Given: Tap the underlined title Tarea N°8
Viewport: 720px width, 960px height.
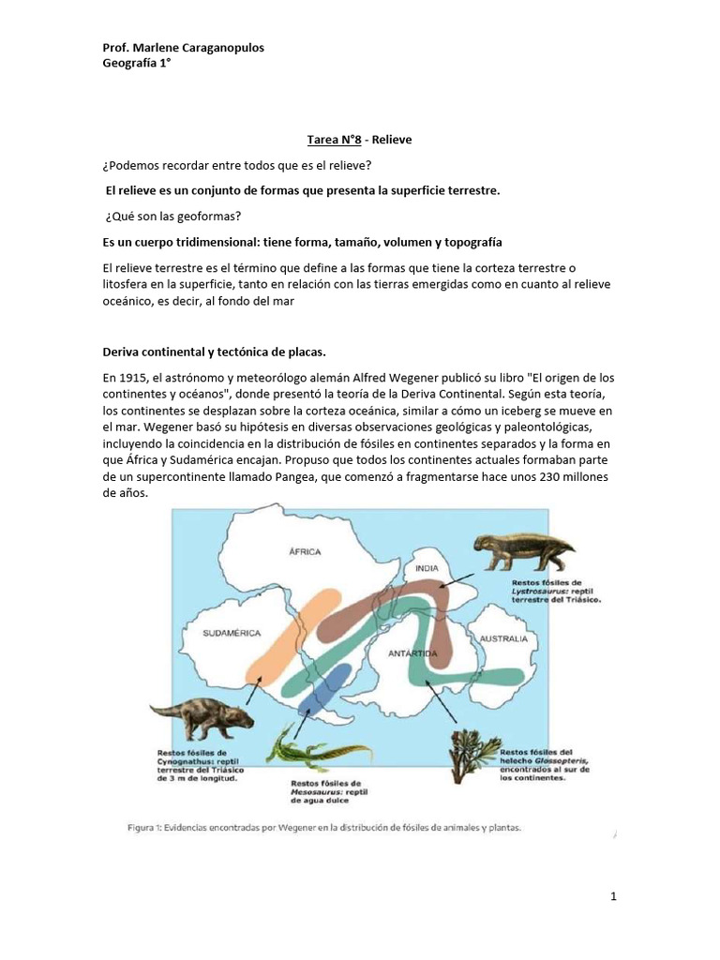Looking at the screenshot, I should pos(335,140).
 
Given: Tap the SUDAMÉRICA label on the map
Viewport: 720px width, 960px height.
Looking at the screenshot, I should pos(232,634).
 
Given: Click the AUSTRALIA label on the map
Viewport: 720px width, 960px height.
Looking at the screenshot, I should pos(503,639).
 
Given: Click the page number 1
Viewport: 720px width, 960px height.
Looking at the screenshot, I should pos(612,897).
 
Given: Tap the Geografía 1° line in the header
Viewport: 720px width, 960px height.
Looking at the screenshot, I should pos(136,64).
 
